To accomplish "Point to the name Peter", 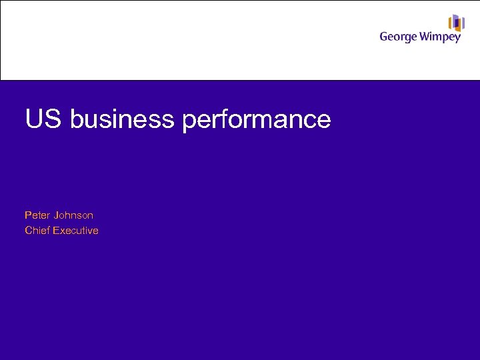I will [37, 215].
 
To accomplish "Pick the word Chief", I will [37, 231].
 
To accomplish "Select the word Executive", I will [76, 231].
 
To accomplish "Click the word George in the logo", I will [398, 37].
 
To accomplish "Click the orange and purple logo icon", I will [456, 23].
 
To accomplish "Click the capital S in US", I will [53, 119].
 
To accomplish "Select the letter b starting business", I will [75, 119].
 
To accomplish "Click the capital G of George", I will [384, 36].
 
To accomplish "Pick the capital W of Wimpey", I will [425, 36].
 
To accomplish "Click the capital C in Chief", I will [29, 231].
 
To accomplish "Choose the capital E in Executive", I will [57, 231].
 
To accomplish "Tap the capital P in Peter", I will [28, 215].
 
